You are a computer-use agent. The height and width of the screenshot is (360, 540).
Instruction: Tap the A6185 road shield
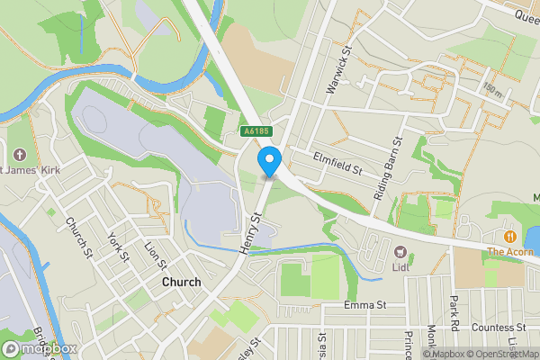point(256,131)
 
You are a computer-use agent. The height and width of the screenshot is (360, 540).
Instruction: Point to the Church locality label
point(181,282)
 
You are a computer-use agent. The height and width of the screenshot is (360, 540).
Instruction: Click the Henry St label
point(251,231)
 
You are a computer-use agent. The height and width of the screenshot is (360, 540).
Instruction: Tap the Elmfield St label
point(337,164)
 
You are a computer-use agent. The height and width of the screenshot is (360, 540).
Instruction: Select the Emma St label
point(364,306)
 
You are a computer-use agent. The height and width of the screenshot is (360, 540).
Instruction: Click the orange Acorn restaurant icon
point(508,237)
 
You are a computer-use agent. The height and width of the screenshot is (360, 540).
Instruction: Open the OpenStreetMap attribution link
point(502,354)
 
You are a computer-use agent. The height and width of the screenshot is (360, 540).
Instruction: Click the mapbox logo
point(40,348)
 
